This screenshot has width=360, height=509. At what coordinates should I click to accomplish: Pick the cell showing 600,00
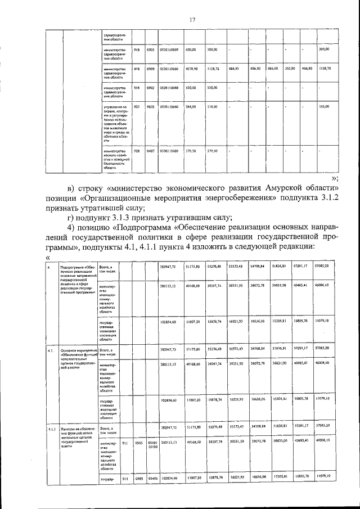tap(191, 50)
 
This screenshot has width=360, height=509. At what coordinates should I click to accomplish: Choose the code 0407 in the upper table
tap(151, 151)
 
